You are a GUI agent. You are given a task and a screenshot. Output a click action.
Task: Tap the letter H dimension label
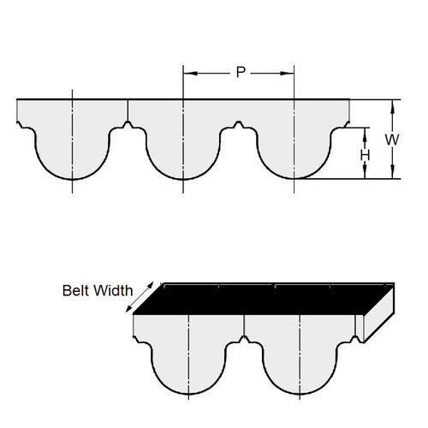tap(366, 154)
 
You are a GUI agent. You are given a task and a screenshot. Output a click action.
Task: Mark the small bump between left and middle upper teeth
tap(128, 128)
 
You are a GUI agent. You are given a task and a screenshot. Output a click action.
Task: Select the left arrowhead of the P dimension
tap(187, 73)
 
